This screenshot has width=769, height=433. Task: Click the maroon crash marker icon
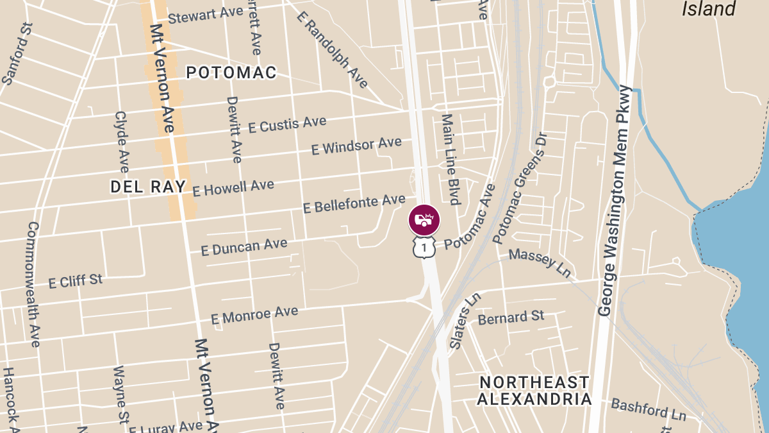[x=424, y=220]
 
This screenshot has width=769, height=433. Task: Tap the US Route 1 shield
[x=424, y=247]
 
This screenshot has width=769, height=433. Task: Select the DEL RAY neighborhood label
[x=148, y=187]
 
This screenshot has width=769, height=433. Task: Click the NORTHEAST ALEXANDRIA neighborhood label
[x=535, y=391]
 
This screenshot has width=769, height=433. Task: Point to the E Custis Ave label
[x=287, y=124]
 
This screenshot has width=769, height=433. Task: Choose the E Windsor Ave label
[x=356, y=146]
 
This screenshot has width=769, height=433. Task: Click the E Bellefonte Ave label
[x=354, y=204]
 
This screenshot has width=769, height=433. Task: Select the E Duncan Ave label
[x=244, y=246]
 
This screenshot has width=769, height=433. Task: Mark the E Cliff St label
[x=76, y=280]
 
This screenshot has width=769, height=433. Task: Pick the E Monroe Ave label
[x=254, y=315]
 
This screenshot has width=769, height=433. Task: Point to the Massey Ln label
[x=540, y=262]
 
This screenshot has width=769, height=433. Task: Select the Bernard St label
[x=511, y=317]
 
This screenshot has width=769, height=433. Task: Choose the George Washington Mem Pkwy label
[x=615, y=201]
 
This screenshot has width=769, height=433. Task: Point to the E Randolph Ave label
[x=333, y=49]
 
